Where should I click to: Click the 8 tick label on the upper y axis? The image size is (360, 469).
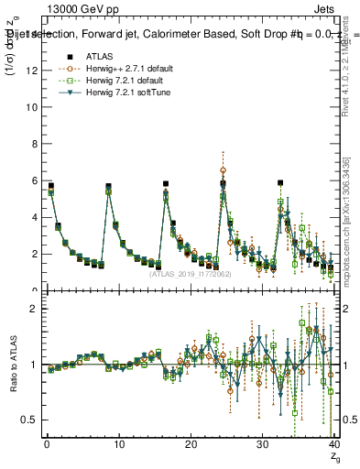tap(34, 143)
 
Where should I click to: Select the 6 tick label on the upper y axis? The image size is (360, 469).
tap(34, 180)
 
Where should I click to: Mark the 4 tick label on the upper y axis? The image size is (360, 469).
tap(34, 217)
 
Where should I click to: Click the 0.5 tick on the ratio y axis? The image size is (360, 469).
tap(29, 420)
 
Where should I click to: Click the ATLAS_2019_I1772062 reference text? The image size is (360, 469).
tap(191, 274)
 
